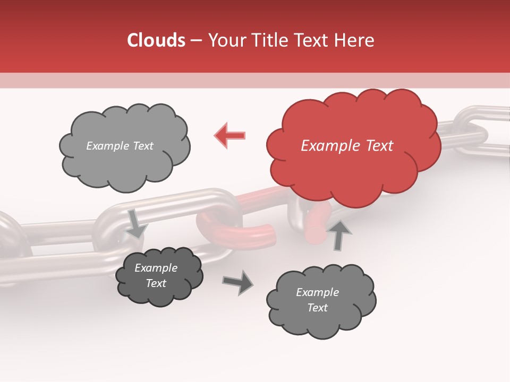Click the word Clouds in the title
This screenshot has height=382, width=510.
point(156,40)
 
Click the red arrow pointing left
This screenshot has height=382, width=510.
point(230,135)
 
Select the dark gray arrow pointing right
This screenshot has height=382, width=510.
point(238,282)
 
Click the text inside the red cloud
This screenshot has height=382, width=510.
point(347,145)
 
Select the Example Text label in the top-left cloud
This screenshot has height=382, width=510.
point(120,146)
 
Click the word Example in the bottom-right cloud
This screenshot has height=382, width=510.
point(317,292)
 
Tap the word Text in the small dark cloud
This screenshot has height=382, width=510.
point(156,283)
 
